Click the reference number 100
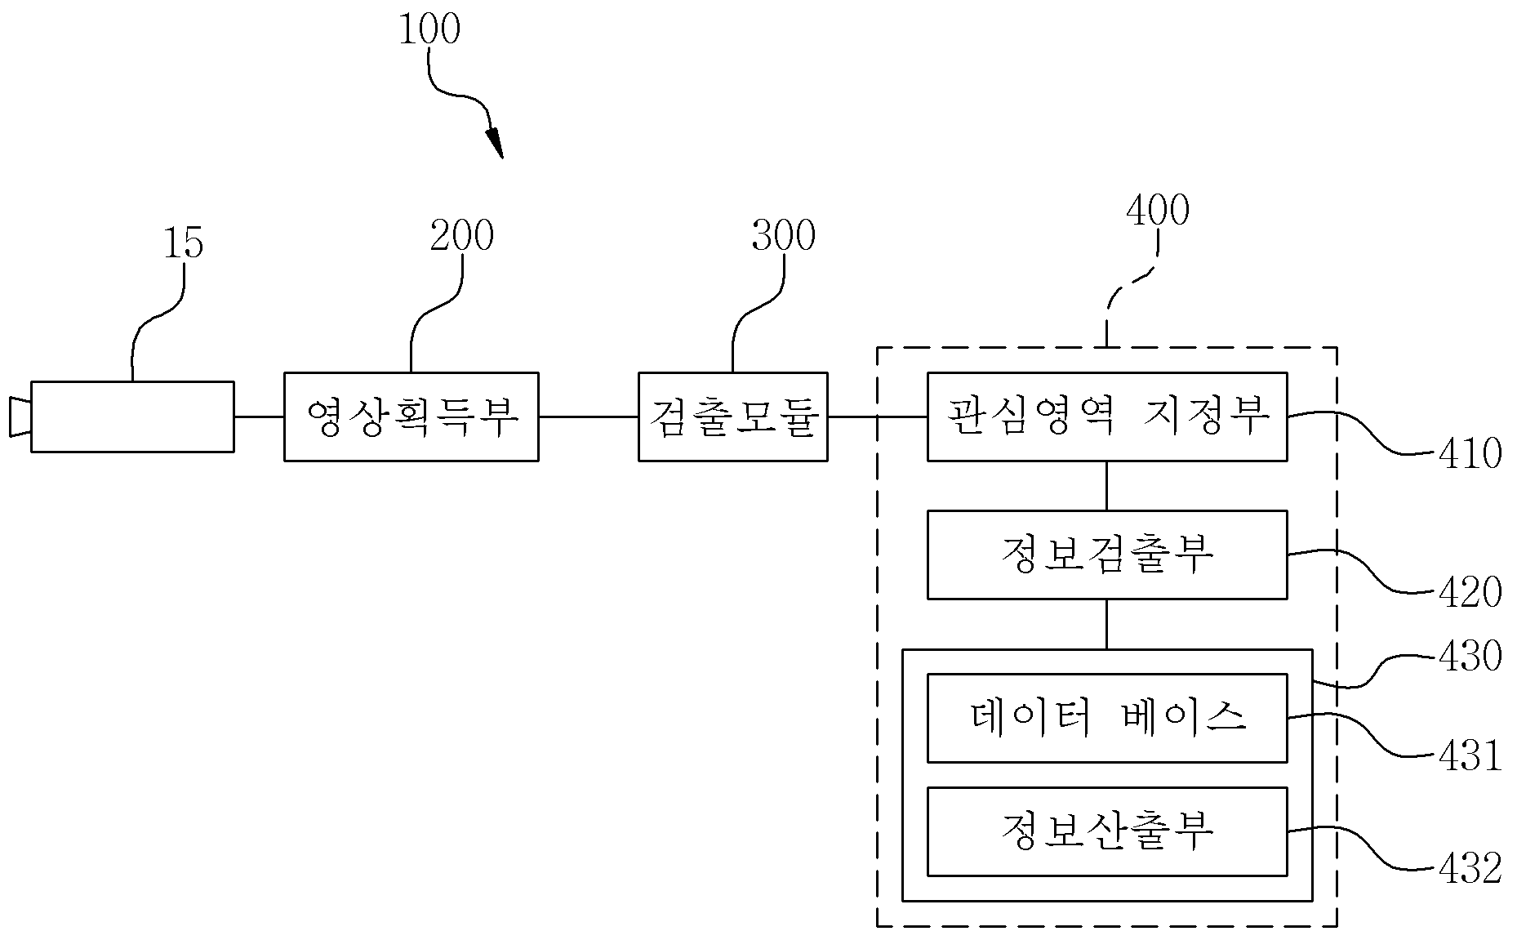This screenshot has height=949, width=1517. pos(429,30)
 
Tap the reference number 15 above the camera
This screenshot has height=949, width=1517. pos(184,243)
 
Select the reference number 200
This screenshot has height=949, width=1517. pos(462,236)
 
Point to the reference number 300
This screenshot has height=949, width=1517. pos(783,236)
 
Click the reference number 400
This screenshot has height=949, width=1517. pos(1157,211)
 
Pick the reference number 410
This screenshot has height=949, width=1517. pos(1470,454)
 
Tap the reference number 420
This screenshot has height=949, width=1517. pos(1470,593)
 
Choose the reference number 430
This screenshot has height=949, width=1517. pos(1470,656)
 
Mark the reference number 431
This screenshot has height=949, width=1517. pos(1470,756)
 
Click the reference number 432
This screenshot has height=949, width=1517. pos(1470,869)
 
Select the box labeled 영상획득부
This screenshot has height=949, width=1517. pos(411,417)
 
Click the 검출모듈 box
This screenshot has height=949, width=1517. pos(732,417)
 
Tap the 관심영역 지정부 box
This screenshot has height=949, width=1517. pos(1107,417)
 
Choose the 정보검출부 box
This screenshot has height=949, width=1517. pos(1107,555)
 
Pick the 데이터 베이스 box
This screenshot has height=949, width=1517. pos(1107,718)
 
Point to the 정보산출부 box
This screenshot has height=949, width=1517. pos(1107,831)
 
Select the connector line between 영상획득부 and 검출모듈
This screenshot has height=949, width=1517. pos(588,417)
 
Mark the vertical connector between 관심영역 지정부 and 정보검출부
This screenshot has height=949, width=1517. pos(1107,486)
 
